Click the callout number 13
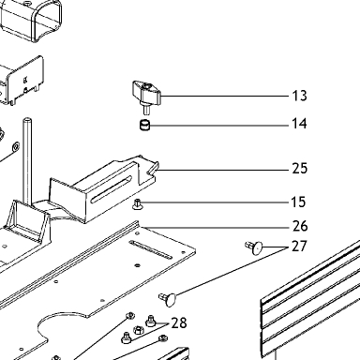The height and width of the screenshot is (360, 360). click(299, 96)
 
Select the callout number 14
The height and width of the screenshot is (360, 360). click(299, 124)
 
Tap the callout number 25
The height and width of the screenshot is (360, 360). click(300, 169)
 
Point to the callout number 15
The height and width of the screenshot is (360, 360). click(298, 202)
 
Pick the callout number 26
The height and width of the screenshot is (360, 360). click(300, 226)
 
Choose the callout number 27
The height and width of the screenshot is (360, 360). click(299, 247)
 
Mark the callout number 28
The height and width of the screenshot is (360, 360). click(179, 322)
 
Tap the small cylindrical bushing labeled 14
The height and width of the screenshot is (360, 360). click(144, 126)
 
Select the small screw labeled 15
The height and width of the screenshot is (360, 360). click(137, 204)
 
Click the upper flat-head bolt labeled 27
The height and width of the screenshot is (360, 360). click(254, 247)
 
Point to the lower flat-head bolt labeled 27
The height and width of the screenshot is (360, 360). click(169, 298)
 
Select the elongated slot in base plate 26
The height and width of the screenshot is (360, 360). click(151, 250)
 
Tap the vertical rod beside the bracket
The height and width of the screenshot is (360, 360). click(28, 161)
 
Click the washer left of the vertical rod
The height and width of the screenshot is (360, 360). click(15, 146)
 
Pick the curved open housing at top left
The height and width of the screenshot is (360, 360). click(31, 21)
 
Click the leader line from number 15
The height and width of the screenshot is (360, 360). click(215, 202)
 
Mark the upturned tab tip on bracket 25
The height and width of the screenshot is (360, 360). click(157, 163)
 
